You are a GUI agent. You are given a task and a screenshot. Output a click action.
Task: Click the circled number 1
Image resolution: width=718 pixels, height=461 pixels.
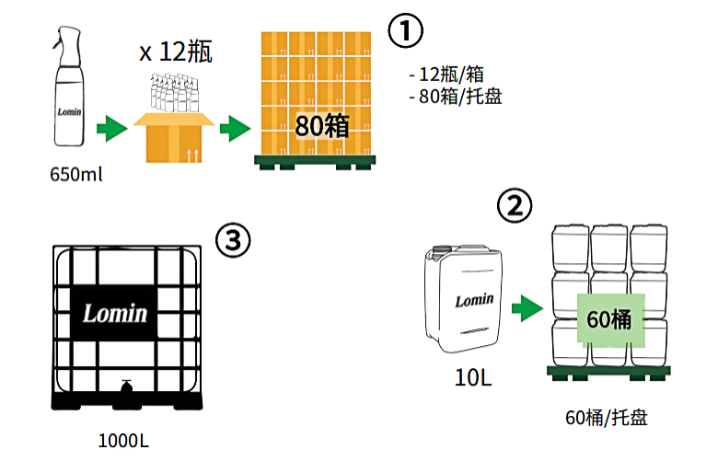[x=405, y=30]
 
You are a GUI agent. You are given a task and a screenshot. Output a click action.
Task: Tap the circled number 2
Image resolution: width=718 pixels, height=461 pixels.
[x=515, y=205]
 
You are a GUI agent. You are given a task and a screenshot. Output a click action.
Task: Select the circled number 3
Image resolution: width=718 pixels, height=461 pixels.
[x=233, y=240]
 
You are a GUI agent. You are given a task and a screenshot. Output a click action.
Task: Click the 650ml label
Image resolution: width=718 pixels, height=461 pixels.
[x=76, y=175]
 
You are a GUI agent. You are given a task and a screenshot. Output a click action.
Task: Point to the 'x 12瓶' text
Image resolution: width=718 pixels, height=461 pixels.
[x=176, y=52]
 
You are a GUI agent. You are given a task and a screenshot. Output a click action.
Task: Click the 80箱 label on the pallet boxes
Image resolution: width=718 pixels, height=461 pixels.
[x=322, y=126]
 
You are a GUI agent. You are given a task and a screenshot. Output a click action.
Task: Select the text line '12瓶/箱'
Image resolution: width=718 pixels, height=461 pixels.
[x=448, y=75]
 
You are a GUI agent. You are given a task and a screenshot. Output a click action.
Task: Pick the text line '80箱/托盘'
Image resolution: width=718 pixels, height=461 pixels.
[x=456, y=96]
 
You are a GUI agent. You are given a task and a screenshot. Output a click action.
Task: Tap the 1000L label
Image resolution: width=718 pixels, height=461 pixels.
[x=123, y=441]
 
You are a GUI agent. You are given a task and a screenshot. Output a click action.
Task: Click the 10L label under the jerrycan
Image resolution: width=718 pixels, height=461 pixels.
[x=473, y=377]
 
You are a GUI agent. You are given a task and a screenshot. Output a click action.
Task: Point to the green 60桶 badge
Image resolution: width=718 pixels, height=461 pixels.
[x=611, y=319]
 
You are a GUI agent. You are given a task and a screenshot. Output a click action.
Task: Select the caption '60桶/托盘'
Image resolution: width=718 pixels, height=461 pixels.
[x=607, y=418]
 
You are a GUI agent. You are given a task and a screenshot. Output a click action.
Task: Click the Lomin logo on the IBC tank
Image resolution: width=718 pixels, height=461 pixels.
[x=115, y=314]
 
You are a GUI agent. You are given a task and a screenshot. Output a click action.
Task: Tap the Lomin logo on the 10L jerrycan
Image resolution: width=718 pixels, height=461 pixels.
[x=474, y=300]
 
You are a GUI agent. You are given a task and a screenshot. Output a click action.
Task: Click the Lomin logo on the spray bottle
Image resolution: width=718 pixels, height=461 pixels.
[x=69, y=111]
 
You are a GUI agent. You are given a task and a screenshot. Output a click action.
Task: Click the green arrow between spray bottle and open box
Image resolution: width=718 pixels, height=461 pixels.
[x=112, y=129]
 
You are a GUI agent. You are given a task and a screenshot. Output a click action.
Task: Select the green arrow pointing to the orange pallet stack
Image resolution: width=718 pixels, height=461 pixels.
[x=236, y=129]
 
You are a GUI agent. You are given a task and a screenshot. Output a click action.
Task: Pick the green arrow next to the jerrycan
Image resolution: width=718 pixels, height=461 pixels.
[x=527, y=308]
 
